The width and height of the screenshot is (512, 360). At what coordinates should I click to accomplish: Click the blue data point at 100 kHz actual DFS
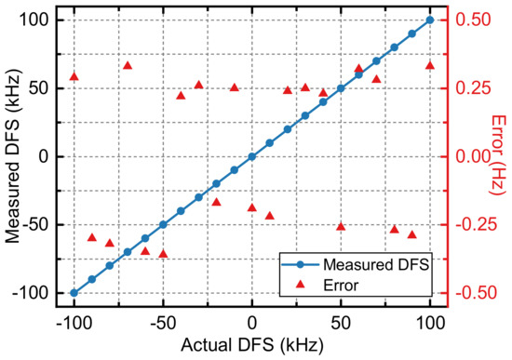pyautogui.click(x=430, y=20)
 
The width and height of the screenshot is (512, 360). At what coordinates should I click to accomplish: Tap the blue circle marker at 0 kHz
pyautogui.click(x=252, y=156)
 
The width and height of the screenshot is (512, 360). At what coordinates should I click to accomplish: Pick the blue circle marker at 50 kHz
pyautogui.click(x=341, y=88)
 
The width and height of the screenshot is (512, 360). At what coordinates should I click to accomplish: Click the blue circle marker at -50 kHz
pyautogui.click(x=163, y=224)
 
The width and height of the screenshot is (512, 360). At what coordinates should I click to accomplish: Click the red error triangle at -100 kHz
pyautogui.click(x=74, y=76)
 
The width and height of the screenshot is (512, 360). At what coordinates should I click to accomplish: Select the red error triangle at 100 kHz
pyautogui.click(x=430, y=65)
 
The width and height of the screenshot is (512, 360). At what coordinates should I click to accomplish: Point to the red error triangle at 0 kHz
pyautogui.click(x=252, y=207)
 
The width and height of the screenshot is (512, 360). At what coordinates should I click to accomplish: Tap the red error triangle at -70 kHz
pyautogui.click(x=128, y=65)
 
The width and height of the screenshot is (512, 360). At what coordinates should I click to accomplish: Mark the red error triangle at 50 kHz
pyautogui.click(x=341, y=226)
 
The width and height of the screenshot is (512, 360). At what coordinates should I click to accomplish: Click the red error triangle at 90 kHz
pyautogui.click(x=412, y=234)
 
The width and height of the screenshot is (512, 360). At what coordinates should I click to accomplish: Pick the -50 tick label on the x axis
pyautogui.click(x=163, y=325)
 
